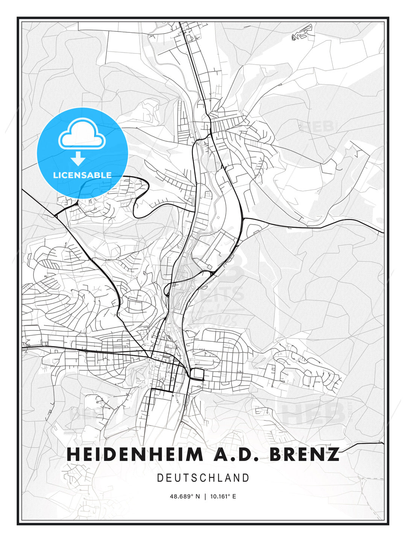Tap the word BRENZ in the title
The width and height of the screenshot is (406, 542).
pyautogui.click(x=303, y=454)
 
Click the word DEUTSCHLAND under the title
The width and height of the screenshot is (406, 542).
pyautogui.click(x=203, y=478)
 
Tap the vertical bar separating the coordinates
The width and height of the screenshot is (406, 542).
pyautogui.click(x=205, y=496)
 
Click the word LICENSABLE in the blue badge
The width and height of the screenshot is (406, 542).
pyautogui.click(x=82, y=175)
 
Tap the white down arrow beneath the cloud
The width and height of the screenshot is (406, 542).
pyautogui.click(x=78, y=158)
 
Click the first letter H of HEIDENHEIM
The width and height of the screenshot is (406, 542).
pyautogui.click(x=73, y=454)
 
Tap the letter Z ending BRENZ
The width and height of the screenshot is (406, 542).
pyautogui.click(x=332, y=454)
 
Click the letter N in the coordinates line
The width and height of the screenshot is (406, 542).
pyautogui.click(x=197, y=496)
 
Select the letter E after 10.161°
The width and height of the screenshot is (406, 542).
pyautogui.click(x=234, y=496)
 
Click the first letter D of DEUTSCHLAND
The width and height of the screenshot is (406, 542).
pyautogui.click(x=160, y=478)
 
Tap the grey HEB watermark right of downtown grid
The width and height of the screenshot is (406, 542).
pyautogui.click(x=313, y=413)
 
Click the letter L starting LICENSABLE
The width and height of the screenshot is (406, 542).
pyautogui.click(x=56, y=175)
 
